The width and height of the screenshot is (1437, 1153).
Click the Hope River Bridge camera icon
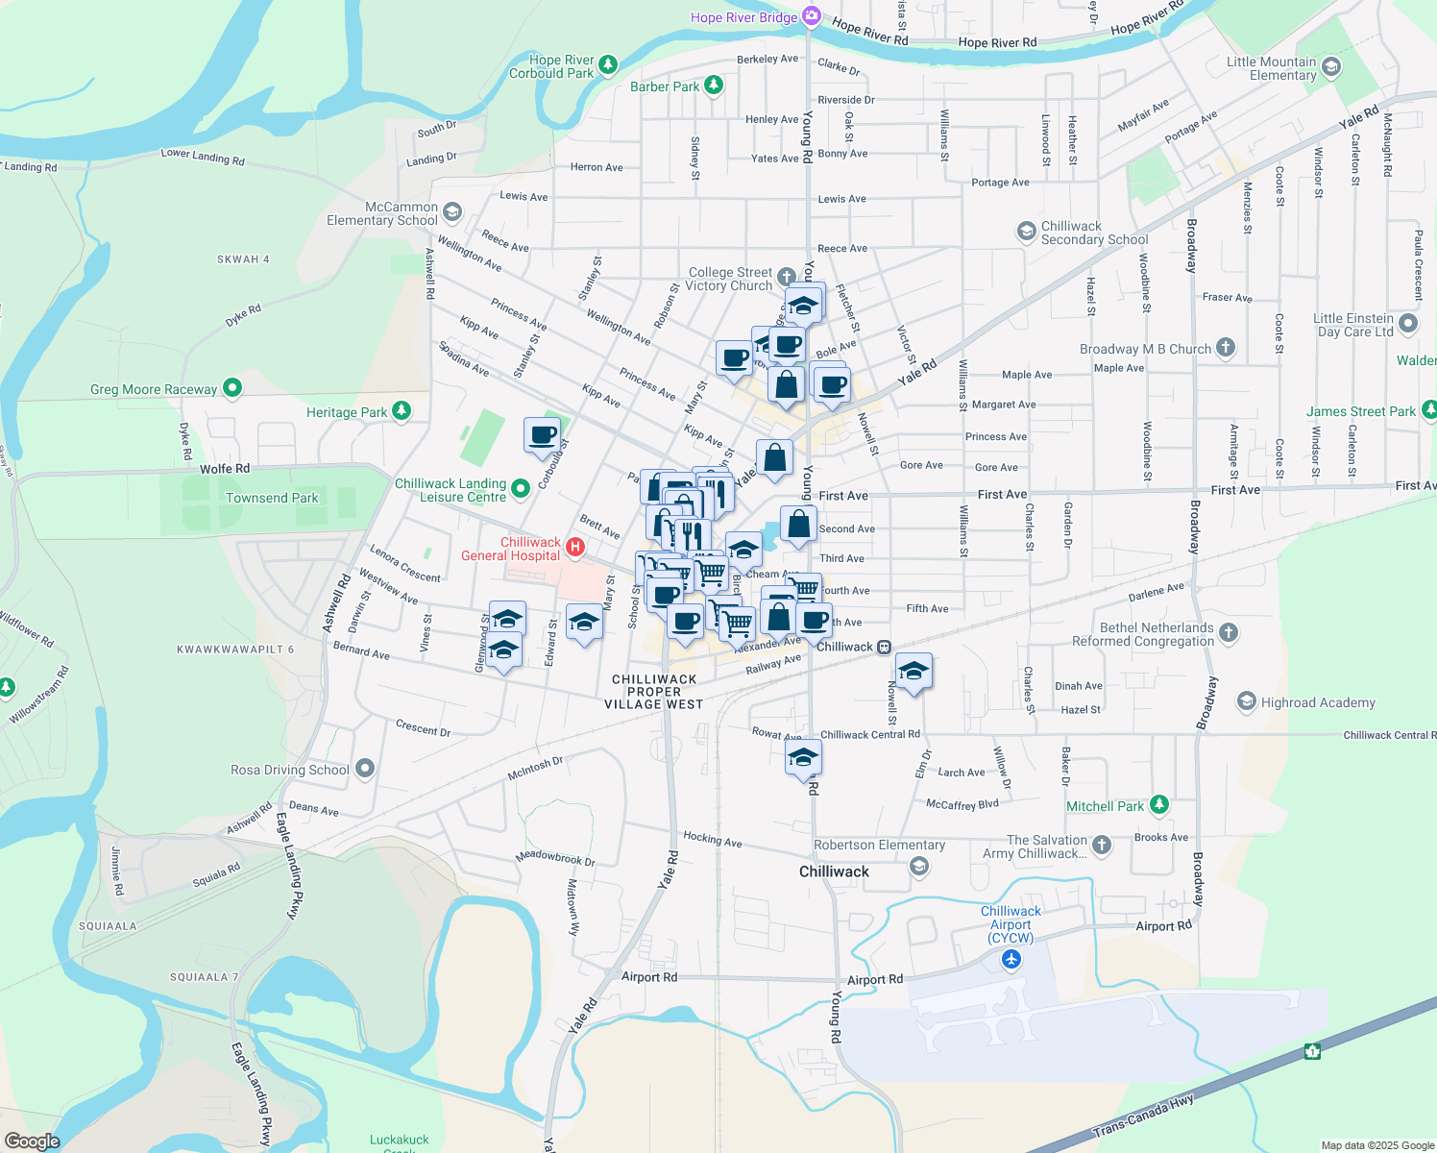pos(812,16)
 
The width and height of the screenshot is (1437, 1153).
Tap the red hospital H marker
pos(575,548)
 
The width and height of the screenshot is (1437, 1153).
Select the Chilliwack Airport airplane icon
pos(1011,959)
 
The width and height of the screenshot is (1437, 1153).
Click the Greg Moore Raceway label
pos(154,389)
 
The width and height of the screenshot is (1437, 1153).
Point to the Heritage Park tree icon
pos(402,411)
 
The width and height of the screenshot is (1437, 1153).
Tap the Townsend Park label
pos(272,498)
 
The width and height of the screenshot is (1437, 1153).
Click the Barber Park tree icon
pos(713,86)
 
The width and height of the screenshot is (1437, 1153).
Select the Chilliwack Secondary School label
pos(1094,233)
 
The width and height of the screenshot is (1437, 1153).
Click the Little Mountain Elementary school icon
pos(1330,66)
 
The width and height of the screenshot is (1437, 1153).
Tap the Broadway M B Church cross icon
pos(1225,348)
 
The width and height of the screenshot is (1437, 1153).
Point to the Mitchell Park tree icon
pos(1159,804)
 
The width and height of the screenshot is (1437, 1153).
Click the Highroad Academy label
pos(1318,702)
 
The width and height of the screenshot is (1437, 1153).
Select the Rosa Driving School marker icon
pos(364,768)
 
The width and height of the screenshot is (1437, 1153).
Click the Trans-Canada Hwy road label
pos(1144,1119)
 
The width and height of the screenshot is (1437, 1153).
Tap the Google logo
pos(33,1141)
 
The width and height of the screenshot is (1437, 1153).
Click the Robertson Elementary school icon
pos(919,867)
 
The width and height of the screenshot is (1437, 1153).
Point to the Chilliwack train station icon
pos(884,647)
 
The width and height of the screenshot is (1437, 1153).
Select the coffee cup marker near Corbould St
pos(543,434)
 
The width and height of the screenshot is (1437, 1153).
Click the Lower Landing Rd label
pos(203,156)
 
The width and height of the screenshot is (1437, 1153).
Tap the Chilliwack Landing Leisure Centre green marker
pos(521,489)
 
